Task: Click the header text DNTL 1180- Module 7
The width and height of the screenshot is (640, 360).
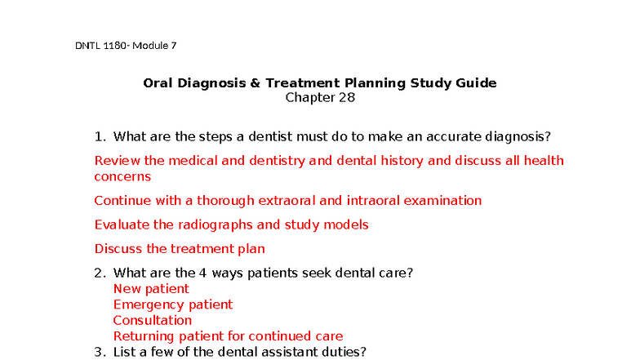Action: coord(126,46)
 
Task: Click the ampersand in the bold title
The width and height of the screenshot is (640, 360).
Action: coord(255,83)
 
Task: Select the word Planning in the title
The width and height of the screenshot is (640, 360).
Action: coord(376,83)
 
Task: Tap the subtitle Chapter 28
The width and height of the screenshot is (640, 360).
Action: coord(320,98)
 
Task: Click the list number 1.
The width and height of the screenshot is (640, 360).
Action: coord(100,136)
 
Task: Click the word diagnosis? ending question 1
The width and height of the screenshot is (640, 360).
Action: coord(518,137)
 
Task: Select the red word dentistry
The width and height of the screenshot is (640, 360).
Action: coord(278,161)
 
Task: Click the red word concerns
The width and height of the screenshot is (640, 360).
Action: coord(122,176)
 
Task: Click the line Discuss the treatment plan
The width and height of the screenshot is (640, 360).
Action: coord(180,249)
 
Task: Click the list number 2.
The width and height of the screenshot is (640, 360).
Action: coord(100,273)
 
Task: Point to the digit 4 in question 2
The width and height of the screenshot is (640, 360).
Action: coord(202,273)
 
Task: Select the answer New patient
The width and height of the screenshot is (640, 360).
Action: coord(151,289)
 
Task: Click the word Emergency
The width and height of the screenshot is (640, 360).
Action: coord(149,305)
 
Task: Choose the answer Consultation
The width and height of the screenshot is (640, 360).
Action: coord(152,320)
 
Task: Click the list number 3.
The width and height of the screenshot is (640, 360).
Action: coord(100,352)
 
